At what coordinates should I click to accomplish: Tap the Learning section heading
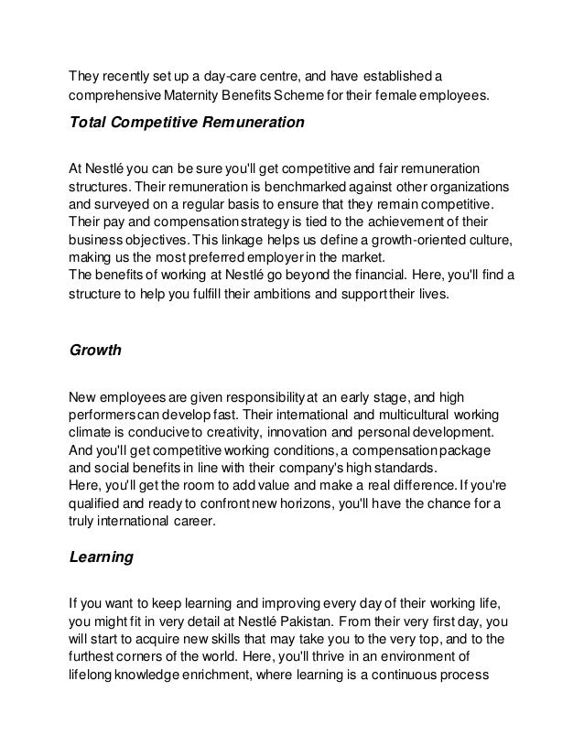102,556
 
